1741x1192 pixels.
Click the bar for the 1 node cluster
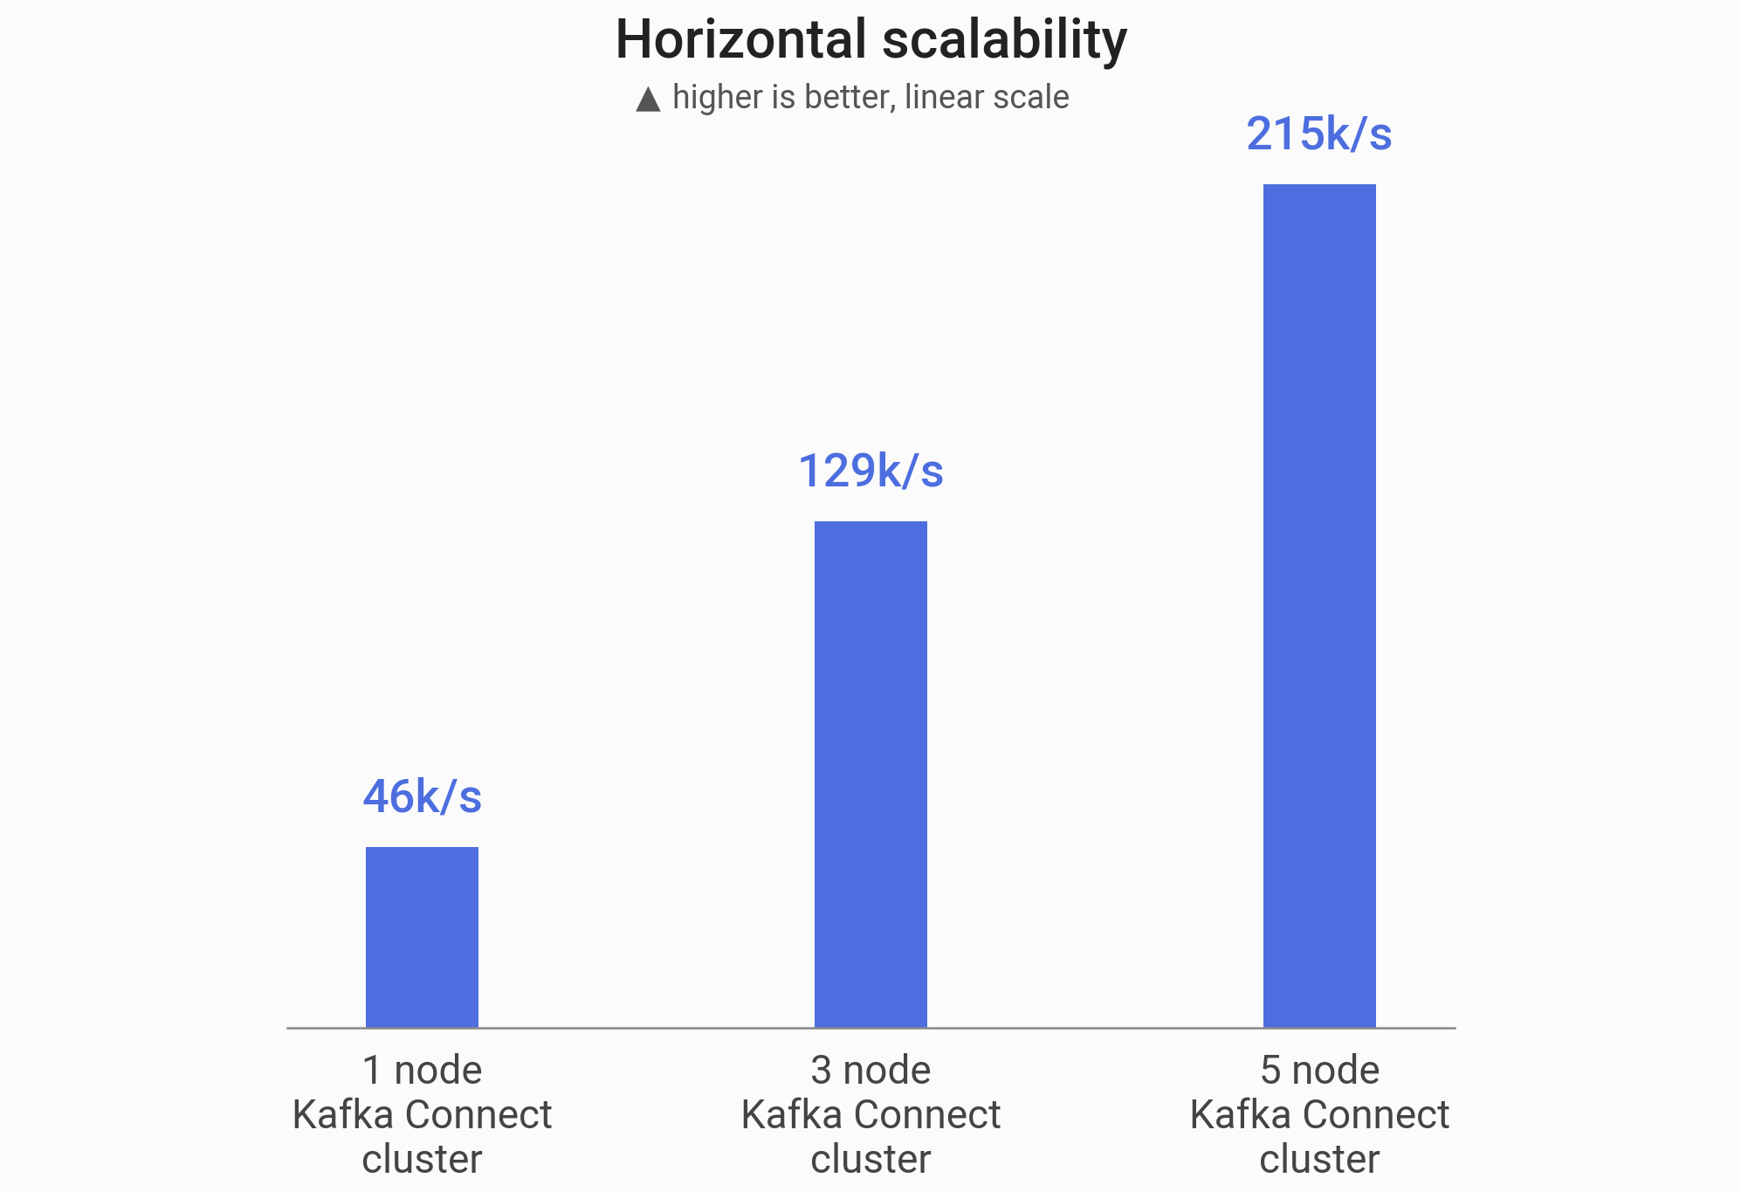422,936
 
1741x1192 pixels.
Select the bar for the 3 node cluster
870,774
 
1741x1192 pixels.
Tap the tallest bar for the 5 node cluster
1319,605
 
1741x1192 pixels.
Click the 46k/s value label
422,796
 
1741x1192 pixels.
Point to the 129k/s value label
870,471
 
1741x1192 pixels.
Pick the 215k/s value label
1318,134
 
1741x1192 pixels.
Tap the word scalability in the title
1004,40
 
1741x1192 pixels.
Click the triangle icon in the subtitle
648,99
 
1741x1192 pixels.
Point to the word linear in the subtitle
942,97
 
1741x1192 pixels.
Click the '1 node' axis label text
422,1070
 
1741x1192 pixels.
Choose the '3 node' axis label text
870,1070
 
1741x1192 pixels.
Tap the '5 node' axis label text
1319,1070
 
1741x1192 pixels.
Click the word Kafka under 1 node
342,1114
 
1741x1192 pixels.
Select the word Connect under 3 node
926,1114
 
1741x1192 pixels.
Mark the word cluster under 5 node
1319,1159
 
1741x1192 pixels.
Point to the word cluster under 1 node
422,1159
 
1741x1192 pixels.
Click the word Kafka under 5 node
1240,1114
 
